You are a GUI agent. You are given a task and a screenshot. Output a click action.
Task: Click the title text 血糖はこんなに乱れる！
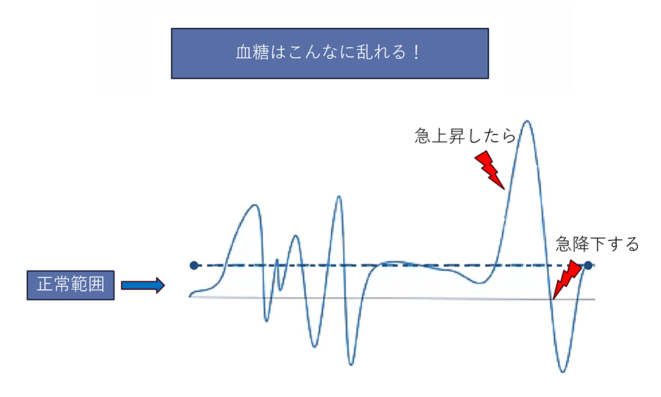pos(328,53)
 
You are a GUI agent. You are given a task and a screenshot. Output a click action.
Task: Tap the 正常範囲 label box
pos(71,285)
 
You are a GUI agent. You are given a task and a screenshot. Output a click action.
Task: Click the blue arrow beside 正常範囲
pos(143,285)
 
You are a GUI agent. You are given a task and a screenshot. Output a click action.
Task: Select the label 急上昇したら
pos(465,136)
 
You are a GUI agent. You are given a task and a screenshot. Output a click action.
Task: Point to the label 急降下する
pos(597,244)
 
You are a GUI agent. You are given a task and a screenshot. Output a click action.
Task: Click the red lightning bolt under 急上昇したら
pos(490,170)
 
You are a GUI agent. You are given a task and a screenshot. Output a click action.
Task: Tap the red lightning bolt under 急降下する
pos(567,279)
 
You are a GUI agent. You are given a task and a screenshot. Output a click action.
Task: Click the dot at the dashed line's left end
pos(194,265)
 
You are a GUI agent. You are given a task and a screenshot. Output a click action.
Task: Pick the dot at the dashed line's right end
pos(588,265)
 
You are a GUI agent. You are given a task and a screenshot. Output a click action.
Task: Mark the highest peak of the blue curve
pos(527,122)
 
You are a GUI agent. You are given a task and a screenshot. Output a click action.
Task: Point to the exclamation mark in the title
pos(416,53)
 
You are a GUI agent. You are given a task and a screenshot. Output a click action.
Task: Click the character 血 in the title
pos(244,53)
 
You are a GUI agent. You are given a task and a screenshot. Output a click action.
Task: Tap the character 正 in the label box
pos(45,285)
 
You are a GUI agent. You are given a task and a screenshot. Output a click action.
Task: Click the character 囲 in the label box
pos(96,285)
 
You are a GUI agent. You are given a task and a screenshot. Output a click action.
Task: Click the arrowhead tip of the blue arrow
pos(164,285)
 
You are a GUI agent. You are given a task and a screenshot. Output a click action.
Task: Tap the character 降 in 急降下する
pos(580,244)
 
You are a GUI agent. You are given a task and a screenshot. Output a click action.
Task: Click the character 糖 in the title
pos(260,53)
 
